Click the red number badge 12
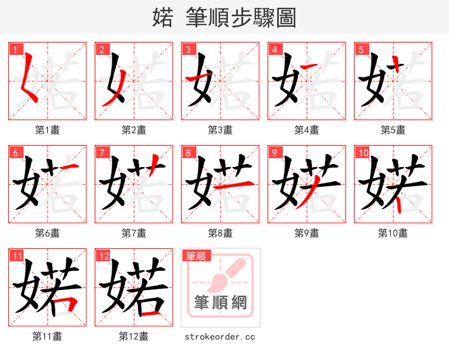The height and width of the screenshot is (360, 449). click(x=103, y=256)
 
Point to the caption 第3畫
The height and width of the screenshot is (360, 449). click(x=221, y=130)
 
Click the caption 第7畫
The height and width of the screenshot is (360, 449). click(x=134, y=233)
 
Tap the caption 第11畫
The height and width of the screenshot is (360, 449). click(x=48, y=336)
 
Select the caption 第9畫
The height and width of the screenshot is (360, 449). click(x=307, y=233)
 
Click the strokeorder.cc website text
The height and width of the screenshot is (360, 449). click(x=221, y=337)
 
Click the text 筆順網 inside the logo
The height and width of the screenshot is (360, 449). click(x=221, y=303)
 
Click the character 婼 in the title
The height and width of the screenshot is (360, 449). click(x=163, y=18)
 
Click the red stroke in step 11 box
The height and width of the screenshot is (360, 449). click(x=70, y=306)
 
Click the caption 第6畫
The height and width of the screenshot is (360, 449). click(x=48, y=233)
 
